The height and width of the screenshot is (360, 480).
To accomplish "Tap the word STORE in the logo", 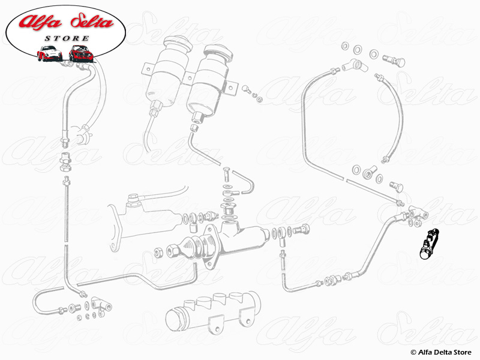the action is pos(67,38).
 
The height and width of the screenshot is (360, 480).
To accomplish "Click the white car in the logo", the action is pos(49,53).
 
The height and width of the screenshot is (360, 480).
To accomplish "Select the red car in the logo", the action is pos(80,53).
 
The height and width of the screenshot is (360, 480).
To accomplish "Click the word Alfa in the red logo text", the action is pos(40,22).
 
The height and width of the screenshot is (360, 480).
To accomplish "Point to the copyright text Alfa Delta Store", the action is pos(441,352).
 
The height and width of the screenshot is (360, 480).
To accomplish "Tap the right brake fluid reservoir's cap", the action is pos(218,52).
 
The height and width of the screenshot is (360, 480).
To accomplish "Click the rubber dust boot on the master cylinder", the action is pos(193,247).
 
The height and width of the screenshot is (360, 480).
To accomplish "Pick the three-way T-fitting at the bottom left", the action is pos(101,304).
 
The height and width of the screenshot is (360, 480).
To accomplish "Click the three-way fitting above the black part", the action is pos(418,212).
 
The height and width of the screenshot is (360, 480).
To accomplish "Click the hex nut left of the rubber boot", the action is pos(158,252).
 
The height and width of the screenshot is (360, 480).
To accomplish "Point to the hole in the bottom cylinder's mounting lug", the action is pos(217,329).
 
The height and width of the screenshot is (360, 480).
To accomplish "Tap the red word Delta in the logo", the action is pos(92,22).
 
